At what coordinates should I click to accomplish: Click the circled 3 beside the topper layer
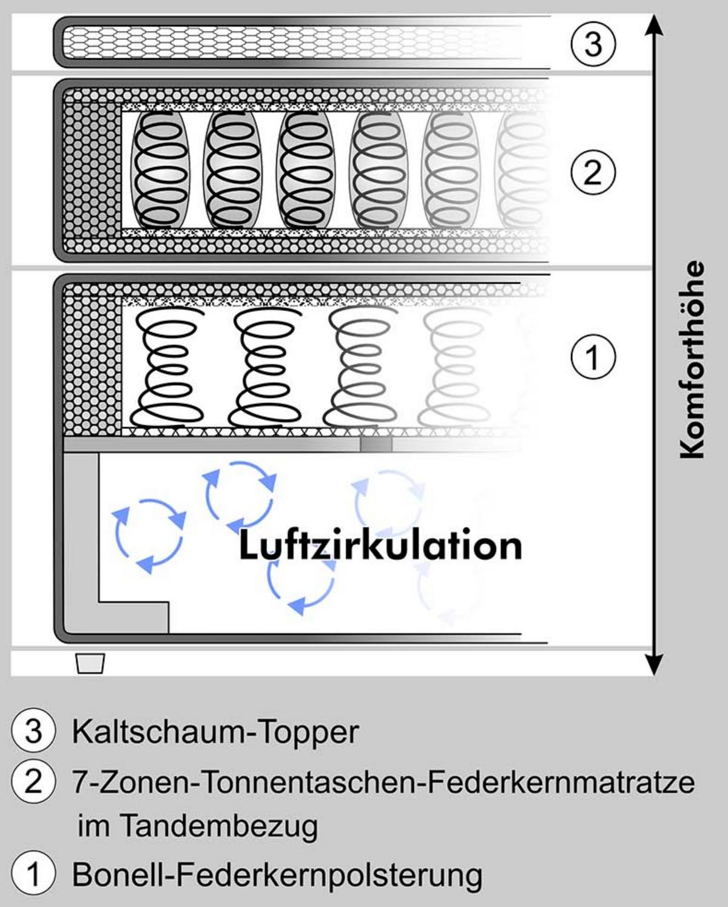(593, 44)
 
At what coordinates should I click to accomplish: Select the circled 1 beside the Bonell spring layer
(593, 357)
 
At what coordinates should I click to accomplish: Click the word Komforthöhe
(692, 360)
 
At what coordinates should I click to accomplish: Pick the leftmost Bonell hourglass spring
(166, 368)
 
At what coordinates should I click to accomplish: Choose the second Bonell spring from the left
(263, 368)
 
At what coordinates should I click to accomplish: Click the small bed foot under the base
(90, 664)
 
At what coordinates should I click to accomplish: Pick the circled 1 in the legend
(34, 875)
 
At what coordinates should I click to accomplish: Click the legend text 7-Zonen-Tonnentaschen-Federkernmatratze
(383, 782)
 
